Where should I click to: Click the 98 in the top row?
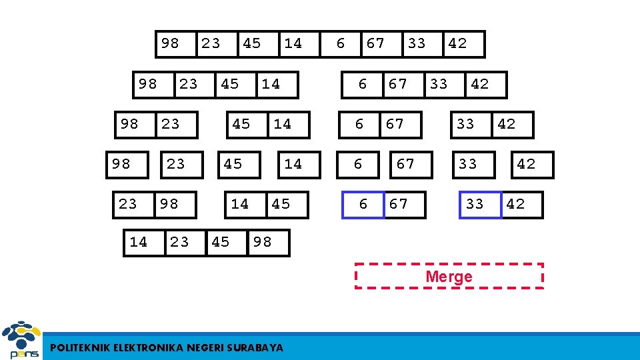point(170,43)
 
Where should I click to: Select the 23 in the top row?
point(211,43)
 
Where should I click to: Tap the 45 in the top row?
point(252,43)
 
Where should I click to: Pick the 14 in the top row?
point(293,43)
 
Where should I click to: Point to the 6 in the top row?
point(341,43)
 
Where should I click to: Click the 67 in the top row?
point(376,43)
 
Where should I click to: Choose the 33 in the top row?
point(417,43)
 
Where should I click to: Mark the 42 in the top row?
point(457,43)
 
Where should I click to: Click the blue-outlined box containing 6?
point(363,204)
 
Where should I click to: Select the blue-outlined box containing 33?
point(475,204)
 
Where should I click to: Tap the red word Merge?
point(449,276)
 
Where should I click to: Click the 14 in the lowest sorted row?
point(139,242)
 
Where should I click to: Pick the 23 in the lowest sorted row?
point(179,242)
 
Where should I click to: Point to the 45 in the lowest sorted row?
point(221,242)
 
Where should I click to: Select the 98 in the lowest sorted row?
point(263,242)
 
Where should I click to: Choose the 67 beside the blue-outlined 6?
point(399,204)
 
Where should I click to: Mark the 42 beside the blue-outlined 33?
point(516,204)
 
